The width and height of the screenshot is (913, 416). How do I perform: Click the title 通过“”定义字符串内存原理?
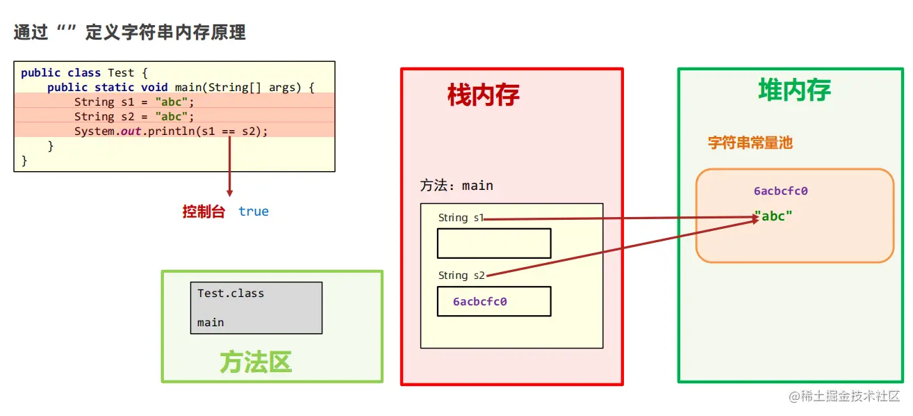(130, 32)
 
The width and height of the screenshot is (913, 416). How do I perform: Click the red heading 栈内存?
(484, 95)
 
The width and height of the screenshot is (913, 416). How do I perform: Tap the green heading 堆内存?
(794, 90)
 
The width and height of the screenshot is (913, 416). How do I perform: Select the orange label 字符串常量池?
(750, 143)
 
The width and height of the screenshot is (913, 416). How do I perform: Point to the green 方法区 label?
(256, 362)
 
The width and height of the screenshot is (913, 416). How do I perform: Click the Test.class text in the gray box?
(231, 294)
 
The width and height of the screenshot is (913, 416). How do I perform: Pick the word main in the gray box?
(211, 323)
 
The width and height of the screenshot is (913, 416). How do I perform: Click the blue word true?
(253, 211)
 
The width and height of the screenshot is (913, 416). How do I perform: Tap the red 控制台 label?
(204, 211)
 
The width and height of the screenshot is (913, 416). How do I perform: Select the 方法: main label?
(456, 186)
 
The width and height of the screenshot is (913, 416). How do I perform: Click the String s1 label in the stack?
(461, 218)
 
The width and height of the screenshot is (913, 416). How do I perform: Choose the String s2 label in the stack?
(461, 275)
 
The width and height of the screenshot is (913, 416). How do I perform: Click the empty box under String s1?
(493, 243)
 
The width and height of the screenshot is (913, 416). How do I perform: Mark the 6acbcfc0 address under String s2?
(480, 302)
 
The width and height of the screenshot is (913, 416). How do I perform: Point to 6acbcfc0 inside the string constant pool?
(780, 191)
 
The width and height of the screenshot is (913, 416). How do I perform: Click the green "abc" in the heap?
(773, 216)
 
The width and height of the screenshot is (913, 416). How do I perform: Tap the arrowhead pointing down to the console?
(229, 192)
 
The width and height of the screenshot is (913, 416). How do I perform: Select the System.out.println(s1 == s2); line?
(171, 131)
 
